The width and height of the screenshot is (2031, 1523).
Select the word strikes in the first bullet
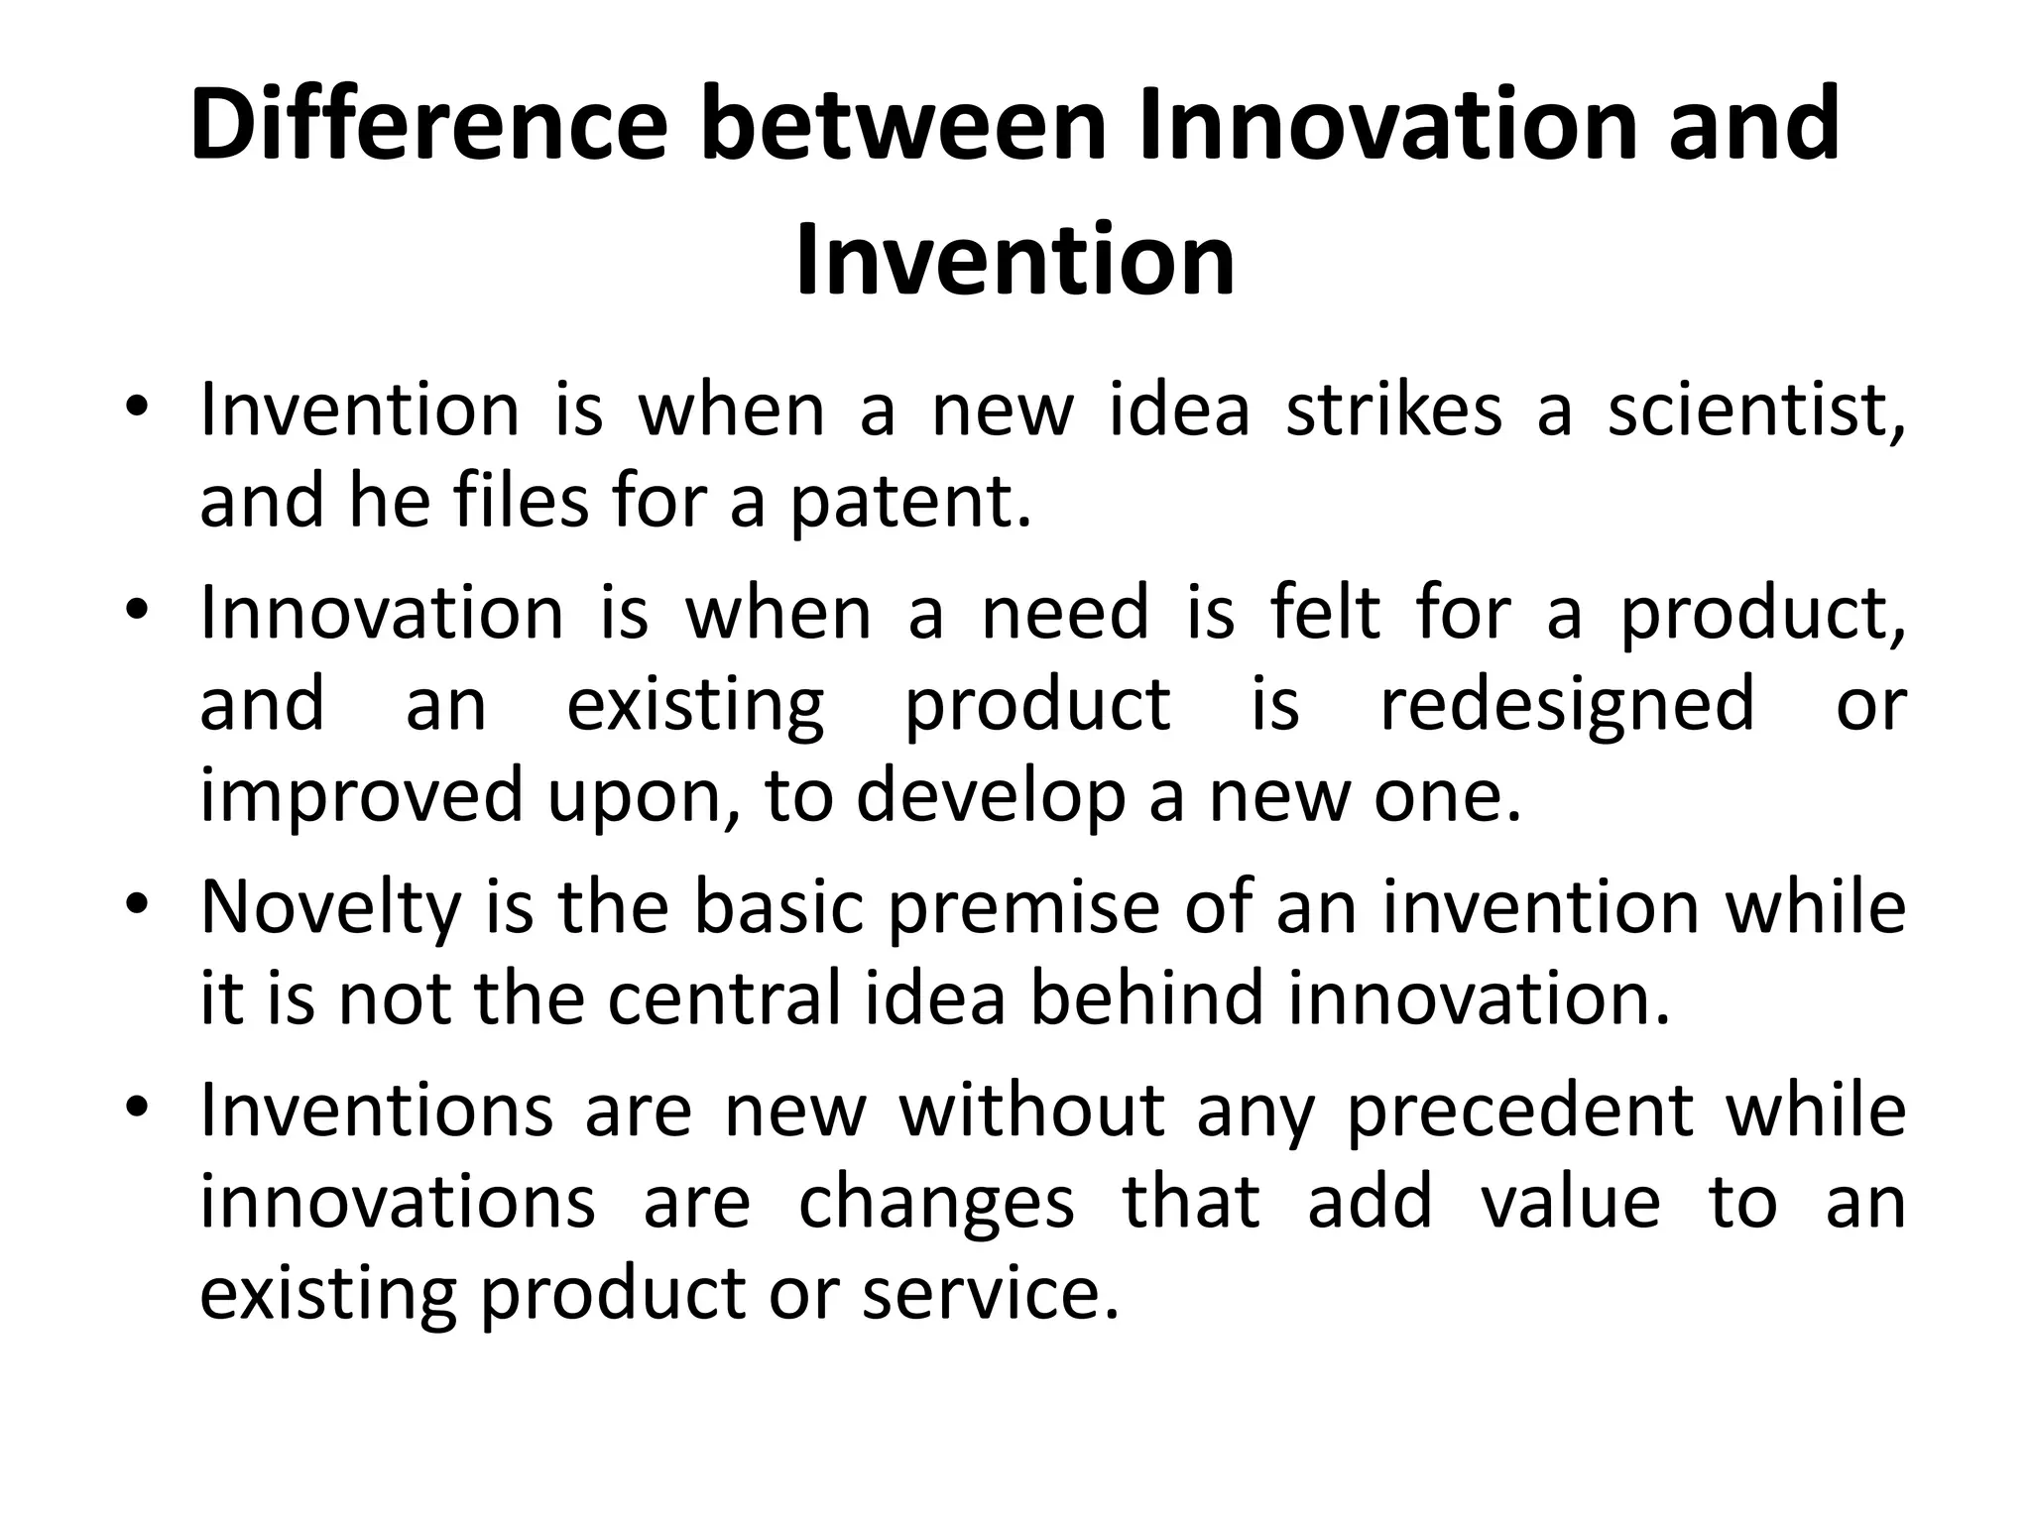coord(1393,410)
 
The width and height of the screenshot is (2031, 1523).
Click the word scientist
coord(1756,410)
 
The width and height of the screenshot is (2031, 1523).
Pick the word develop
coord(991,796)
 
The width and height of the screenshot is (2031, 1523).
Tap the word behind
coord(1146,998)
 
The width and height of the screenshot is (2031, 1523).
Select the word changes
coord(936,1203)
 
